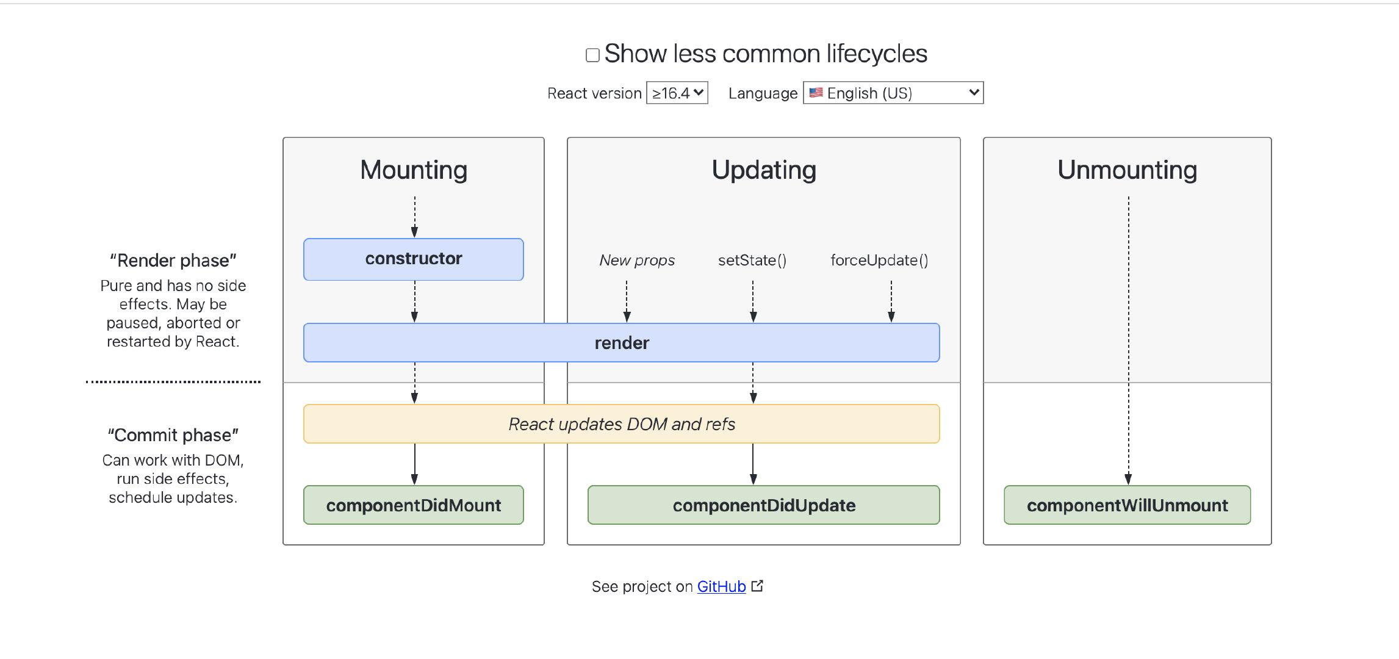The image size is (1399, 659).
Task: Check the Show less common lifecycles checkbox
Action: [x=592, y=56]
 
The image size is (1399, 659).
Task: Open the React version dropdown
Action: [x=677, y=93]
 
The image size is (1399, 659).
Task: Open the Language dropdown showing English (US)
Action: [x=893, y=93]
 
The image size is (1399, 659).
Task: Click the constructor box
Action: [x=414, y=259]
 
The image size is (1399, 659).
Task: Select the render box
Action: [x=622, y=343]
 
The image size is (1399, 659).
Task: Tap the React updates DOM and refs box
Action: [x=622, y=424]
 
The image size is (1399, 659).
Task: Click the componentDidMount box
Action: [x=414, y=505]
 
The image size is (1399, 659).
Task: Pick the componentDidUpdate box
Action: [x=764, y=505]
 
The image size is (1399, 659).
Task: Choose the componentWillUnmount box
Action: [x=1127, y=505]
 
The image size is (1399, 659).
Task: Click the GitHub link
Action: [x=721, y=586]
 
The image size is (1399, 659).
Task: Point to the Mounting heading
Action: [x=414, y=170]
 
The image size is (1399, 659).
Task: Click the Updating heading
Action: [x=764, y=170]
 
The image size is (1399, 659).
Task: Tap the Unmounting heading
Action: [x=1127, y=170]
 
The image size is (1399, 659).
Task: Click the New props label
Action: [x=637, y=261]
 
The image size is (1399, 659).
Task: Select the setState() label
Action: [x=752, y=261]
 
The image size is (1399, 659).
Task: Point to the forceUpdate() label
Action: [x=879, y=261]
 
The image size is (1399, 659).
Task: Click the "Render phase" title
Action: [x=173, y=261]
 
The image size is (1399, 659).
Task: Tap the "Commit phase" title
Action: [x=173, y=435]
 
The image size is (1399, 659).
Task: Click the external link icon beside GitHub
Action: [x=757, y=586]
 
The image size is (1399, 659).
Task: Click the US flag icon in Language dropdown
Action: [x=816, y=93]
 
